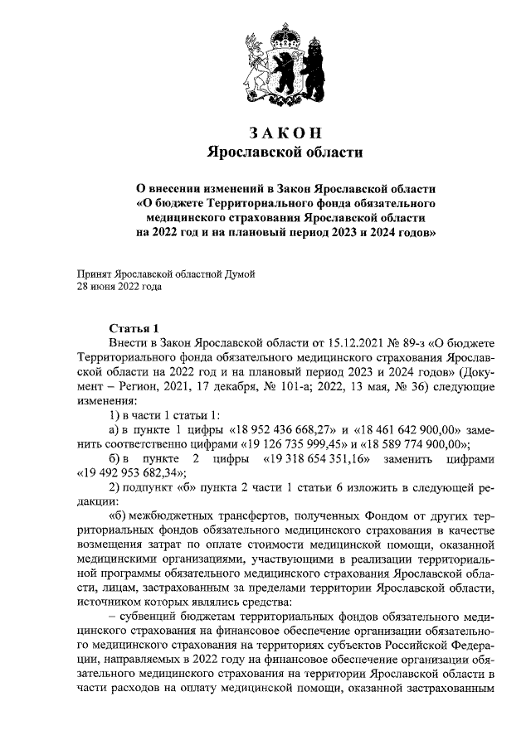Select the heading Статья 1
tap(133, 327)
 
